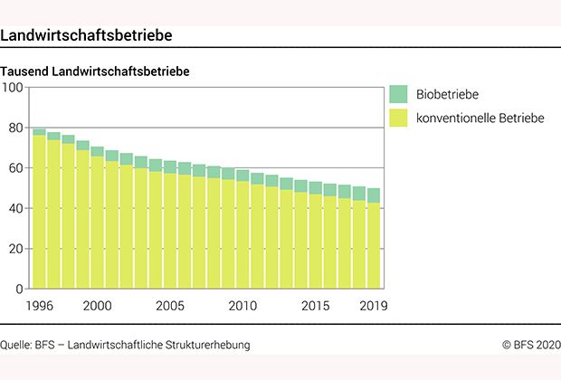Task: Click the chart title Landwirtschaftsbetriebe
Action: click(87, 35)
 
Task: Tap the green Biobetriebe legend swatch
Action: click(398, 94)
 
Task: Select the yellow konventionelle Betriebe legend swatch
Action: click(398, 118)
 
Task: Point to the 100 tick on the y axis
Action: click(14, 88)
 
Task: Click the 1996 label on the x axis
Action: click(40, 306)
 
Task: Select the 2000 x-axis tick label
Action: click(98, 306)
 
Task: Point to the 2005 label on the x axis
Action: click(169, 306)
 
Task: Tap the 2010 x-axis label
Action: click(242, 306)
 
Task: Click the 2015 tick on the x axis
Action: click(315, 306)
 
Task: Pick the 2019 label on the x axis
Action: click(373, 306)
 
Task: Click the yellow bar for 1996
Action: click(40, 213)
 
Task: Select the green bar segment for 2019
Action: click(373, 195)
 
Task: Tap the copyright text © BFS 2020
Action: click(531, 345)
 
